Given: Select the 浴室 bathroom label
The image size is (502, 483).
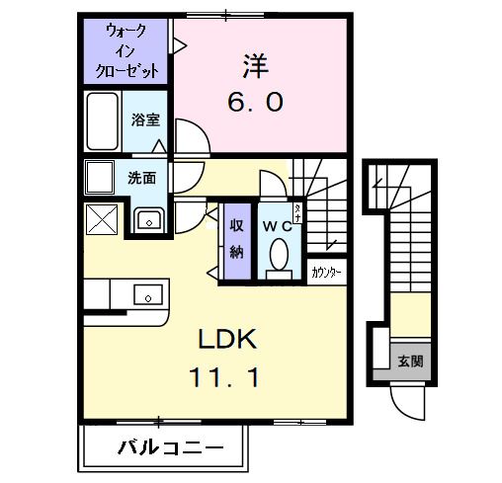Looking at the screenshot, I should (147, 121).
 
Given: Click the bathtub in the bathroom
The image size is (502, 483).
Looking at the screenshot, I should (103, 122).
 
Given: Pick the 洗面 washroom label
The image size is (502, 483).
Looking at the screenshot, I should (143, 179).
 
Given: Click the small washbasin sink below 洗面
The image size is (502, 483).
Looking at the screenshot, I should (148, 221).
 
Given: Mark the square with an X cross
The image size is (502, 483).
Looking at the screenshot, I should (102, 219).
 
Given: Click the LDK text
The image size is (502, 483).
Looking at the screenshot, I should (228, 341).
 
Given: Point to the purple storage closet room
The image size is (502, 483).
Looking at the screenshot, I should (237, 242).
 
